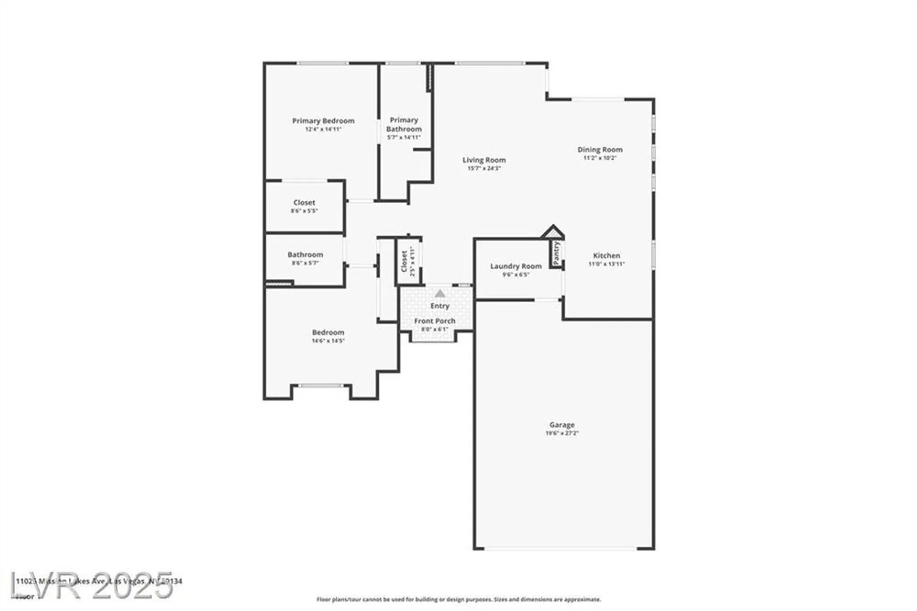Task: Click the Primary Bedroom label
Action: (323, 121)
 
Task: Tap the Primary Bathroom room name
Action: (403, 124)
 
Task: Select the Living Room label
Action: (484, 160)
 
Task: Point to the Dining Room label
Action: (600, 150)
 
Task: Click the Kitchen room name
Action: (606, 256)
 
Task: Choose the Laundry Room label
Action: (516, 266)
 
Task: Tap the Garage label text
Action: (562, 425)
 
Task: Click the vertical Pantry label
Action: (556, 253)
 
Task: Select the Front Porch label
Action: (435, 321)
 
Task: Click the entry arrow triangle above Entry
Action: (440, 294)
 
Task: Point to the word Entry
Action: (440, 306)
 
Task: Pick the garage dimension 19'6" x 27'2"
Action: (562, 433)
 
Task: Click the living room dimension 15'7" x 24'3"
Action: (484, 168)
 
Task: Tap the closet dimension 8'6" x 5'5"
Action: (304, 211)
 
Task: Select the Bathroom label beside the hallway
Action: (305, 255)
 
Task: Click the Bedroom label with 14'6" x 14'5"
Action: (328, 333)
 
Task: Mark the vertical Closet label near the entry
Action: (404, 261)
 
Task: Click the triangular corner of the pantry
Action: (553, 232)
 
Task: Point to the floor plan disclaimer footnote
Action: (458, 600)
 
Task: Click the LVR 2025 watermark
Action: (92, 585)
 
